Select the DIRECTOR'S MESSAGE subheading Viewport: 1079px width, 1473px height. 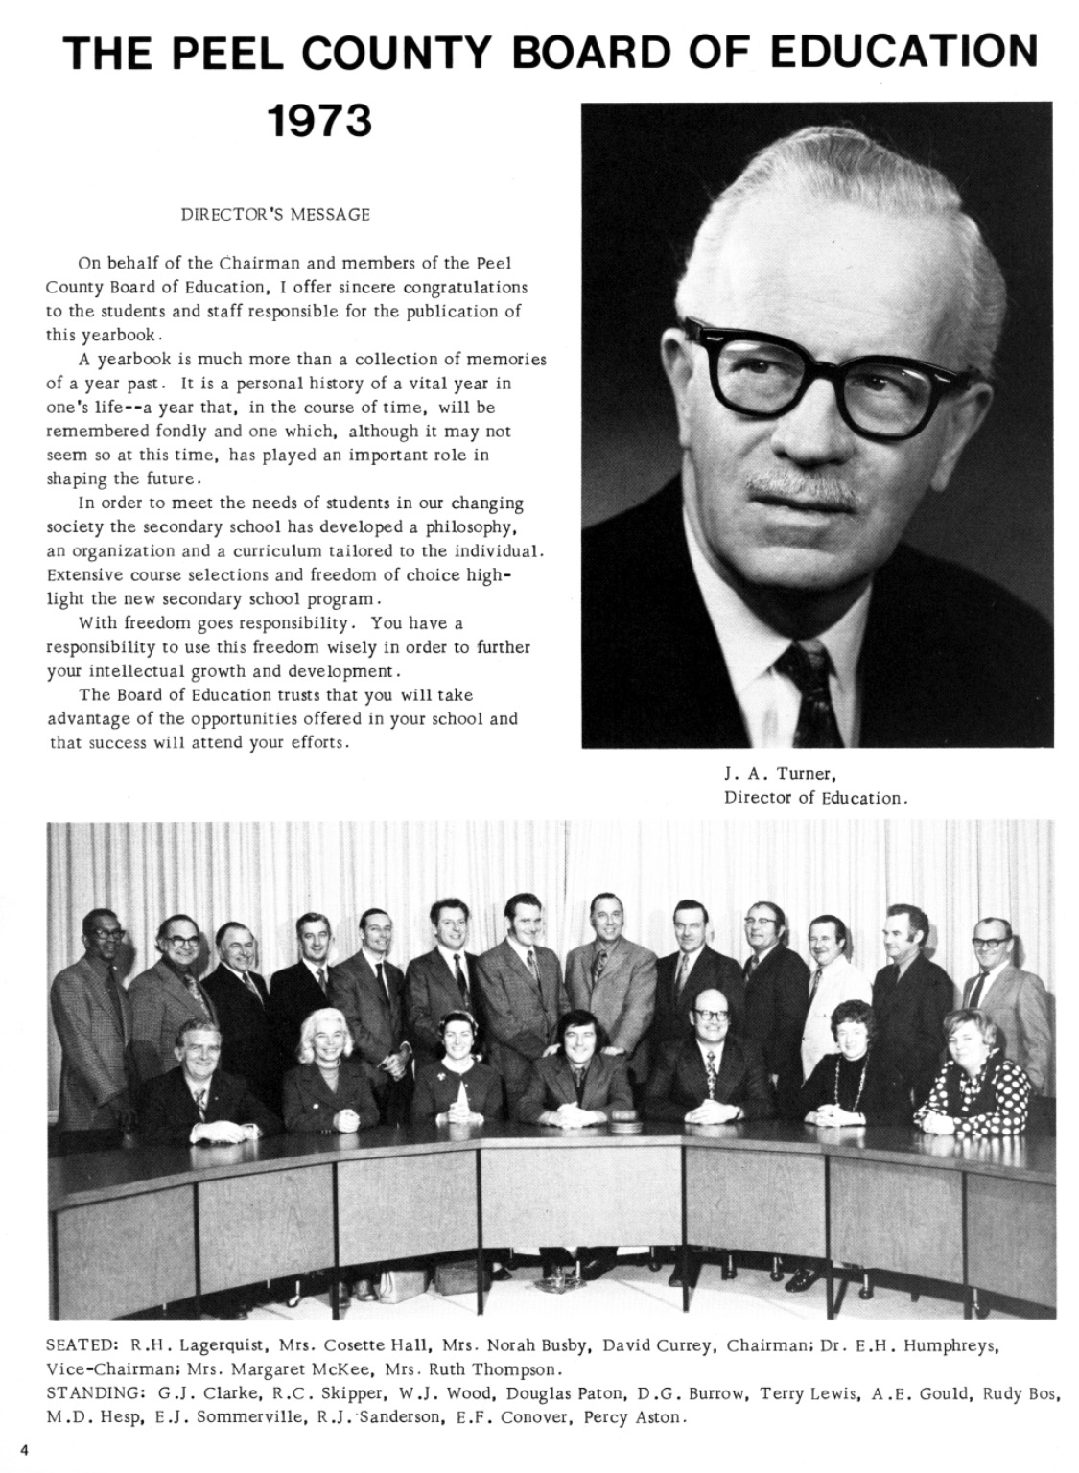click(275, 215)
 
